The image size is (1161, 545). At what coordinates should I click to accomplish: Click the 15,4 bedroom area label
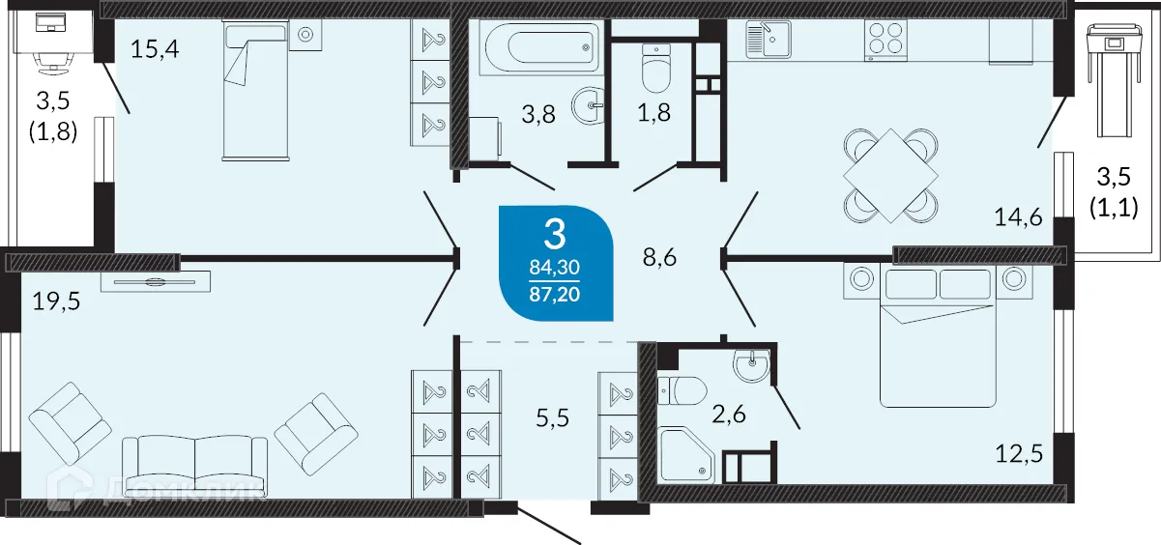(156, 48)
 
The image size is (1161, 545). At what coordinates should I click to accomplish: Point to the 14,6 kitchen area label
(1018, 218)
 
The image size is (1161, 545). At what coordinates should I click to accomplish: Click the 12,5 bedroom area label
(1018, 452)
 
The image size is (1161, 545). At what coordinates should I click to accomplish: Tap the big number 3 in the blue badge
(555, 233)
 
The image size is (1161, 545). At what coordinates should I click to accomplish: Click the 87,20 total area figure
(556, 291)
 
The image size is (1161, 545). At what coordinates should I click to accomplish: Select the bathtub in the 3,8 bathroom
(537, 45)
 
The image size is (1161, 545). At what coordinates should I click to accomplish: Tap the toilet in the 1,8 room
(656, 66)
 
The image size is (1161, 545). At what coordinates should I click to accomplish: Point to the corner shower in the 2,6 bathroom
(685, 453)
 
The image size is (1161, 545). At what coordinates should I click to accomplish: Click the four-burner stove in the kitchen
(885, 41)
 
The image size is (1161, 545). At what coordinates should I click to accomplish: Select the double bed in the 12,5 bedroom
(937, 334)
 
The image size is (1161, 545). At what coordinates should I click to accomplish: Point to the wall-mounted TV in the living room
(155, 282)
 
